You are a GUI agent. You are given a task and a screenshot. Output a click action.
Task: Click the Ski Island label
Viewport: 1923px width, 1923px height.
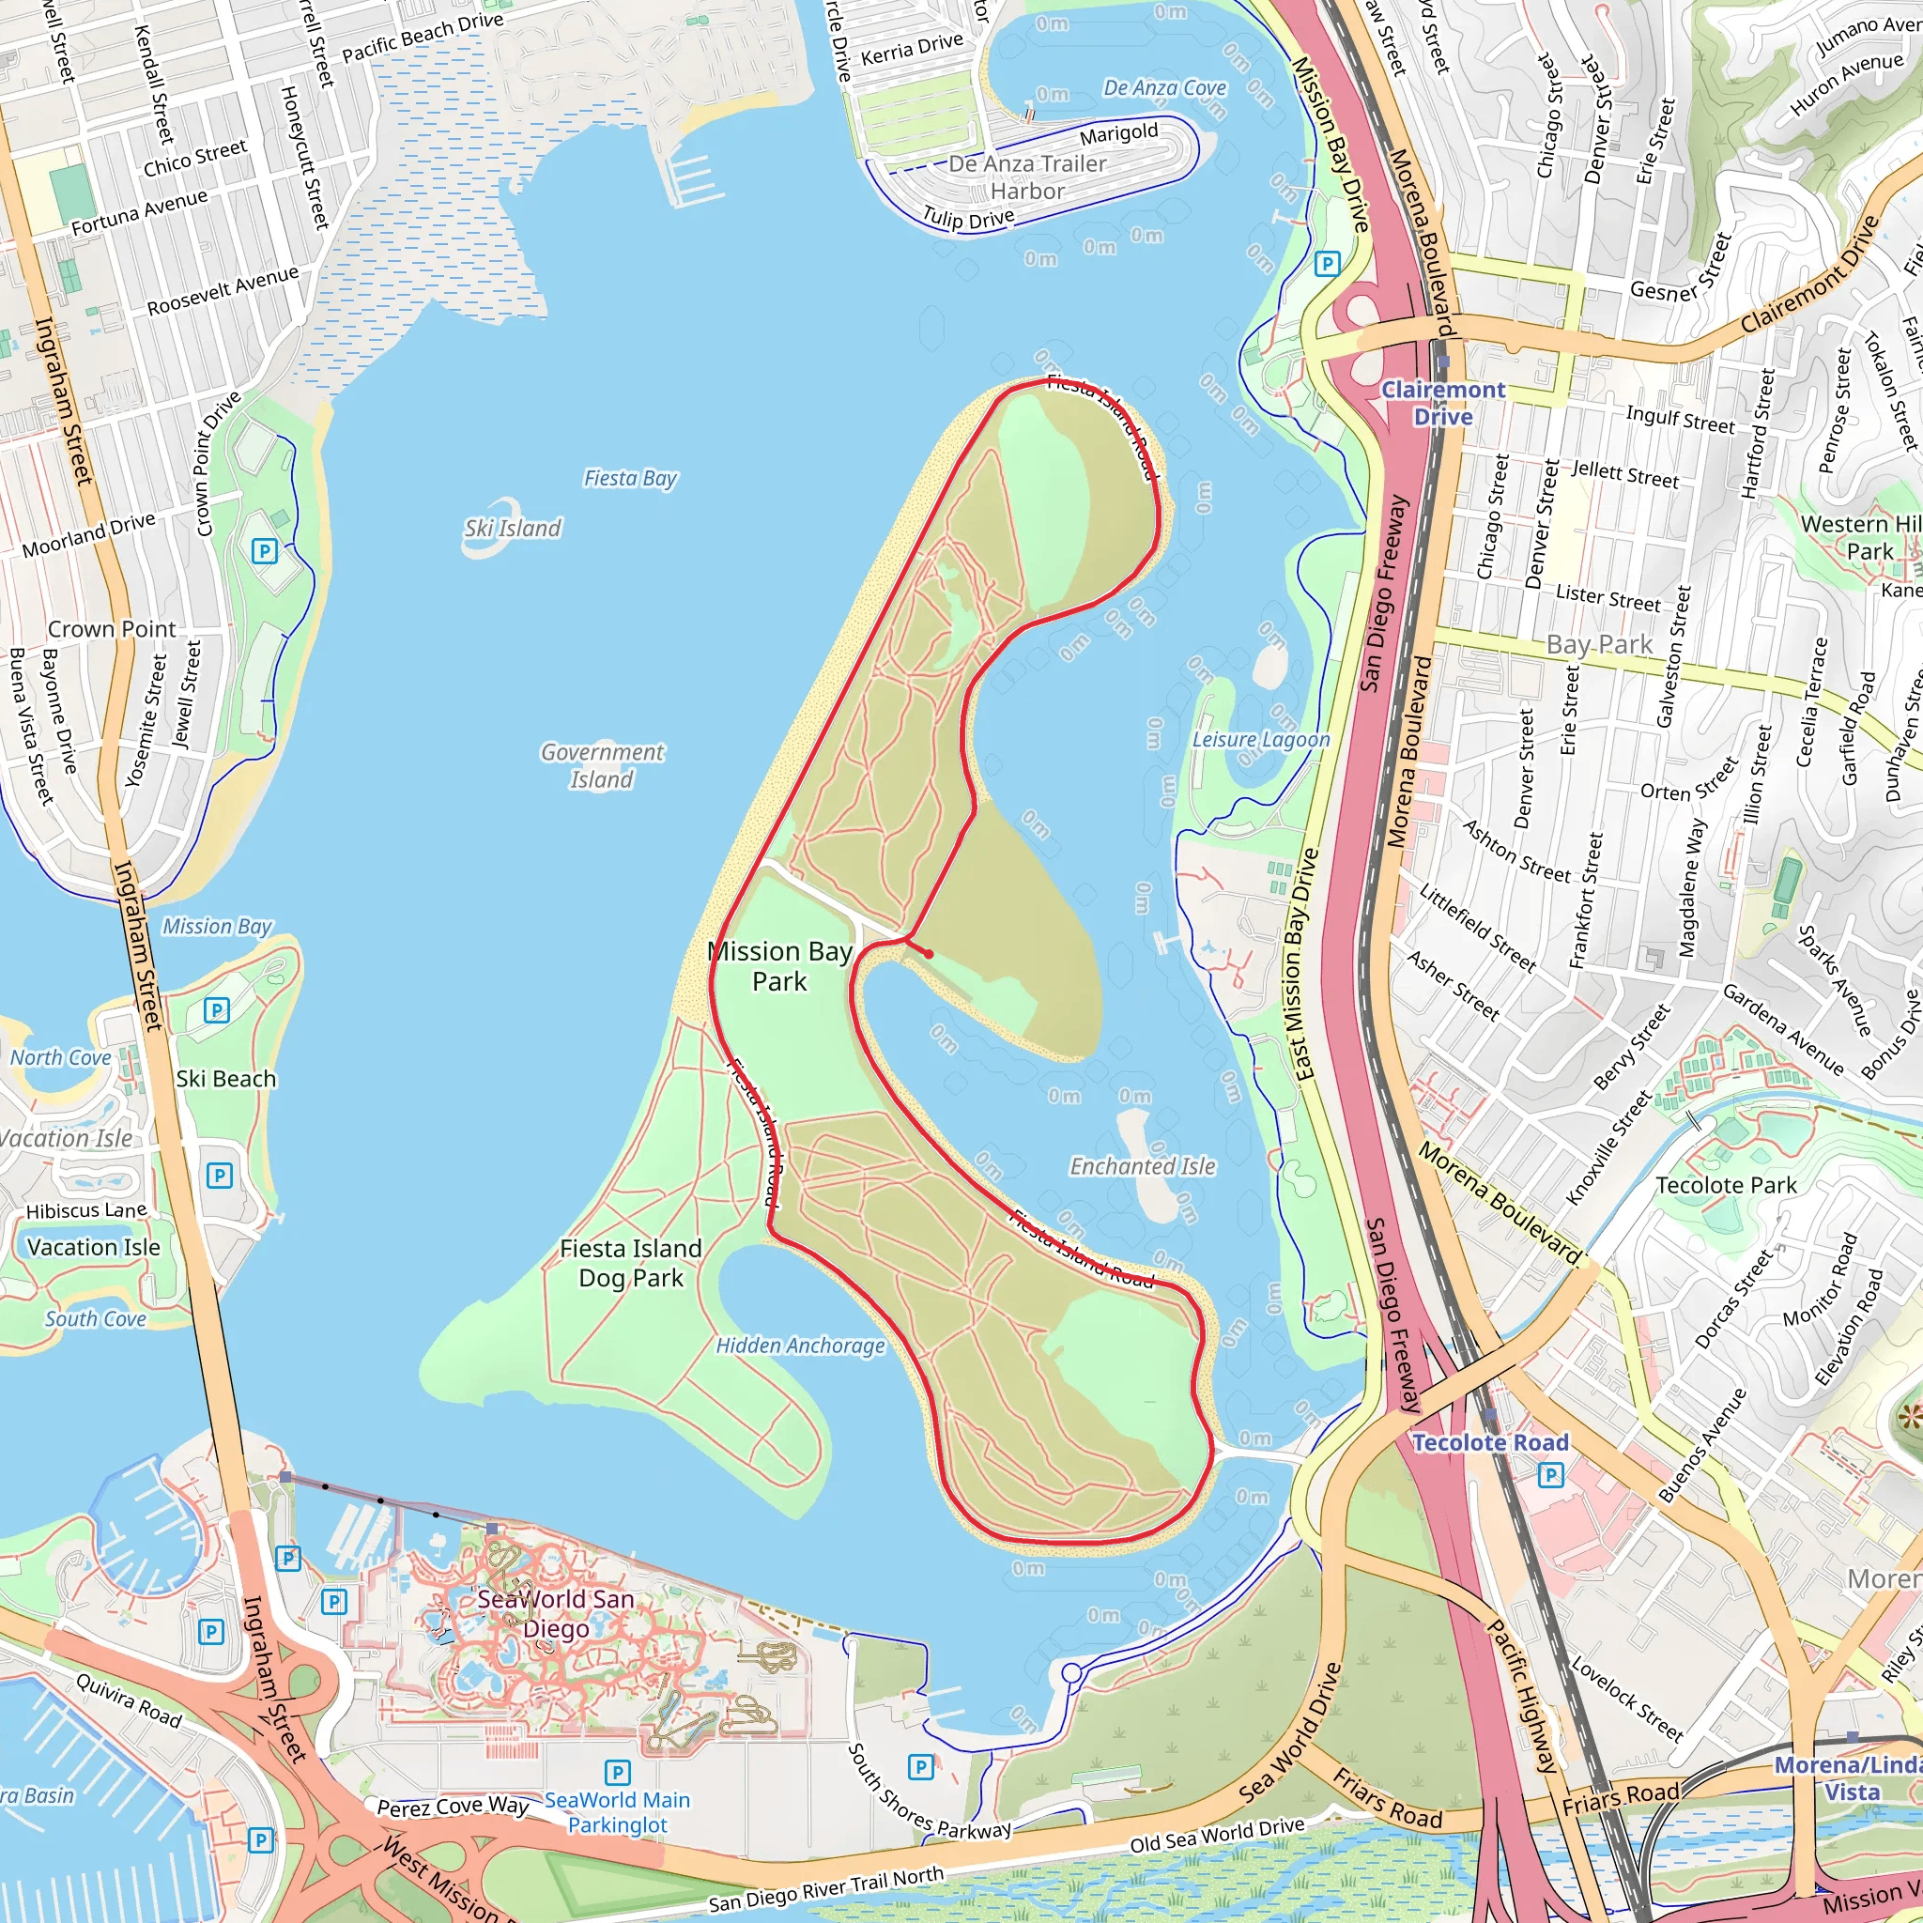513,529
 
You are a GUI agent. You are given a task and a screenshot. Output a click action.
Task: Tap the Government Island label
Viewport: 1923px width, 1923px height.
602,765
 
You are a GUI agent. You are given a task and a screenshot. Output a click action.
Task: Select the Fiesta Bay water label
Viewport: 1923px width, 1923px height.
630,479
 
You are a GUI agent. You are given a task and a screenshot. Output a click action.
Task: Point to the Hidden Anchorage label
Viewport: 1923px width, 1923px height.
800,1346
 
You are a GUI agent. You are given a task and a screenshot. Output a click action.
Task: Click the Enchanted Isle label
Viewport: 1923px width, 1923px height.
1143,1166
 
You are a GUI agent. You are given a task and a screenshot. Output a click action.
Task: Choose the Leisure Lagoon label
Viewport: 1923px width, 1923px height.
1261,740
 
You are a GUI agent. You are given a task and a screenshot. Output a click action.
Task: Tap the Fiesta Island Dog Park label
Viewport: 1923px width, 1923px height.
631,1263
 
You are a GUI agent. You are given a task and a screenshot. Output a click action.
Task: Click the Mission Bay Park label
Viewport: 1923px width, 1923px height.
779,966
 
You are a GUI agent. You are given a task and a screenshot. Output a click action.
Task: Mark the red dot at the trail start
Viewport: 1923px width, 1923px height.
929,954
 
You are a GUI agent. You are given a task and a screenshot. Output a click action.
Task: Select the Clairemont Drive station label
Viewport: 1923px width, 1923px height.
1443,403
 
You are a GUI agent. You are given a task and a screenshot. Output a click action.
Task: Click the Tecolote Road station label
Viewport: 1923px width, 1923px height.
1490,1442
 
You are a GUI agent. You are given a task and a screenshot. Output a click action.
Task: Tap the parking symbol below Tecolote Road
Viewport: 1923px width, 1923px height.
1551,1475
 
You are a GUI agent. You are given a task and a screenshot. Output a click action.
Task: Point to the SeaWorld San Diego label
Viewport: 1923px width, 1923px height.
556,1613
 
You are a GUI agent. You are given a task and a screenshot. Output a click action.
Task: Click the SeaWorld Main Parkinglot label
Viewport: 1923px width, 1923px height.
617,1812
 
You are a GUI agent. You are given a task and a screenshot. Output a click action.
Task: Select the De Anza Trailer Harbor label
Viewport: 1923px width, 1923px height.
1027,177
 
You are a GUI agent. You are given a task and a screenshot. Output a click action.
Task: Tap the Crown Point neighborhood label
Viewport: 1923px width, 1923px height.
112,629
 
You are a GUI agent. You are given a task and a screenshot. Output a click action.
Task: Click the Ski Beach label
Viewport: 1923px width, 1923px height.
226,1079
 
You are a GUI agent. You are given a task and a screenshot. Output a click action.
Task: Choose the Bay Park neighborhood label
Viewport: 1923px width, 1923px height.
1598,645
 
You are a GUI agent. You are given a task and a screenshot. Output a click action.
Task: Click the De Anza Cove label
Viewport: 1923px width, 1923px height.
1164,88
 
